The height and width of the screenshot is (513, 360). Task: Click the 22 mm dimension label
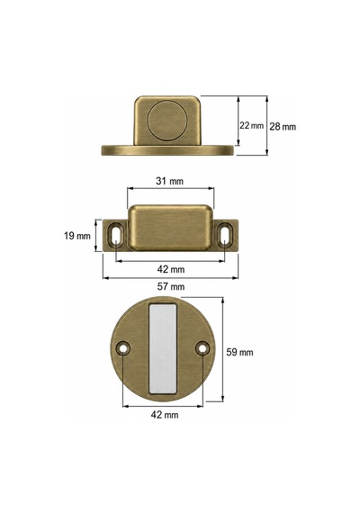(251, 125)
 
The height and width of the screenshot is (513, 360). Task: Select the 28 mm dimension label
(283, 127)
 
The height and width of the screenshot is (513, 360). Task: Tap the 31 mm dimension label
(169, 181)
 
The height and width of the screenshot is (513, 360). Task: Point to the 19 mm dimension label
(77, 236)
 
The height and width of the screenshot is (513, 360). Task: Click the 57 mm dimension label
(171, 286)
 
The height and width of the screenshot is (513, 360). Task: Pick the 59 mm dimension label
(240, 352)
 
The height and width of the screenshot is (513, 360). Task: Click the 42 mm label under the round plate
(165, 415)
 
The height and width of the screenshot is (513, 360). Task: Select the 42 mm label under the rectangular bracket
(171, 269)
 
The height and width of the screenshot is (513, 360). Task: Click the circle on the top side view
(166, 121)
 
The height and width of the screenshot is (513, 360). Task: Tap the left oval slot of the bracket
(116, 235)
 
